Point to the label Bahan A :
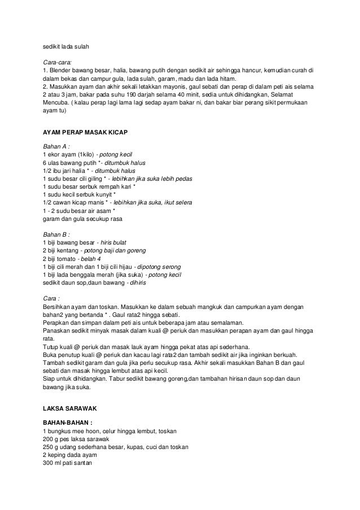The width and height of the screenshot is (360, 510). tap(57, 145)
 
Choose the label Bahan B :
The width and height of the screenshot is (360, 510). tap(57, 232)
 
